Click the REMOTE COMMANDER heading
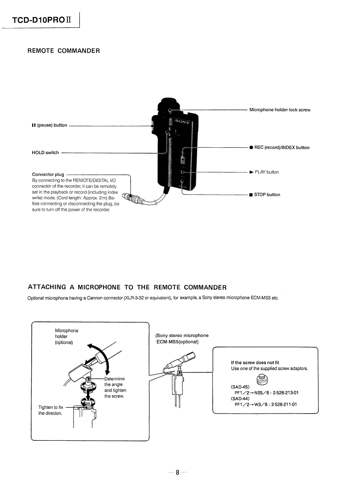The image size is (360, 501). pos(63,50)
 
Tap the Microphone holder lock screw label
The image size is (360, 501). pos(280,109)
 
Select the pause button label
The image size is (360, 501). pos(50,125)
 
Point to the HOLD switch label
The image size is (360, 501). pos(46,152)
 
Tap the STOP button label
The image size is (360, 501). pos(265,194)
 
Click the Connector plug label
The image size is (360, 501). pos(48,174)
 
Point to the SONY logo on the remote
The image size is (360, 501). pos(182,121)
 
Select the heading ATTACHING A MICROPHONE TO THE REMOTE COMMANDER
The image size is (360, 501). pos(127,287)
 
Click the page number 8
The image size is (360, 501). pos(177,473)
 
